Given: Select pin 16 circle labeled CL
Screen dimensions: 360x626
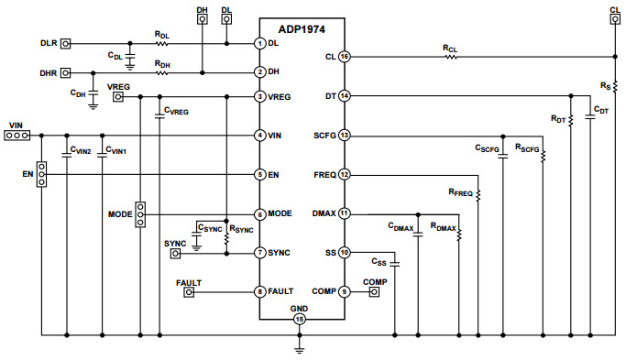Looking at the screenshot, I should pyautogui.click(x=344, y=57).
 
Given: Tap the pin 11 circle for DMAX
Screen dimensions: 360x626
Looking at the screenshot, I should pyautogui.click(x=344, y=213).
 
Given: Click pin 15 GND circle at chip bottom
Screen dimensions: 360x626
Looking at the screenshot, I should pyautogui.click(x=300, y=319).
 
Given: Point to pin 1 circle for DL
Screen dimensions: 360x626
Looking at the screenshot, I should pyautogui.click(x=259, y=43).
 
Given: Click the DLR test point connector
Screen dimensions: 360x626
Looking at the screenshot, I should pyautogui.click(x=65, y=43).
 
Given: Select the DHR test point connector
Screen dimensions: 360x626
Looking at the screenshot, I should pyautogui.click(x=65, y=71).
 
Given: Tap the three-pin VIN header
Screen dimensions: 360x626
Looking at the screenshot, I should pyautogui.click(x=16, y=136).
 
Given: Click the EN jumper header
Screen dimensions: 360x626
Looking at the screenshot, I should pyautogui.click(x=40, y=173).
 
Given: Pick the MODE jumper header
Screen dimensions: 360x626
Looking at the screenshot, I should pyautogui.click(x=139, y=213).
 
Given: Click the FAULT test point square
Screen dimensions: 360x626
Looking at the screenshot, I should pyautogui.click(x=190, y=292).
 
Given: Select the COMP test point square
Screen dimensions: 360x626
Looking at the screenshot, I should pyautogui.click(x=374, y=292).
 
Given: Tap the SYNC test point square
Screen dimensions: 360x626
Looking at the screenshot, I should pyautogui.click(x=175, y=253).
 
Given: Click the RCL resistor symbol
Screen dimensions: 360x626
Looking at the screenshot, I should pyautogui.click(x=450, y=57).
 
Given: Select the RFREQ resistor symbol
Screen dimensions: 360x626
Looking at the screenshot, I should pyautogui.click(x=479, y=193).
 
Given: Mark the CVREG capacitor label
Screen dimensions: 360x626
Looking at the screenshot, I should pyautogui.click(x=175, y=111).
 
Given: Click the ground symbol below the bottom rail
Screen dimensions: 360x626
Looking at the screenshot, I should pyautogui.click(x=300, y=348).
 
